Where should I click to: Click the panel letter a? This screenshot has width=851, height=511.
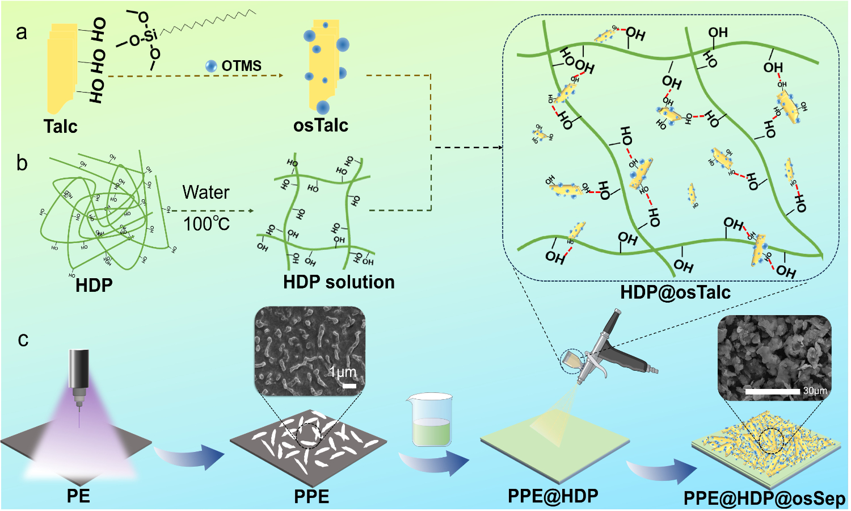pos(22,32)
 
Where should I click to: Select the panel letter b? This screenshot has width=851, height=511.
pos(22,164)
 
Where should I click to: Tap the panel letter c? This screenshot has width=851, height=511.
pos(23,340)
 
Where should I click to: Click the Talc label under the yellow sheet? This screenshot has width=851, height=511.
pos(60,126)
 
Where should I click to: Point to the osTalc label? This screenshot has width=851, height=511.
pos(321,125)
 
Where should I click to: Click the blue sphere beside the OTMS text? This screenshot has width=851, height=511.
pos(211,66)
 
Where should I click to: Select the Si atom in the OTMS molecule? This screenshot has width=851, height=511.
pos(150,36)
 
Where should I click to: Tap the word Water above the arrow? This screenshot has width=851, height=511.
pos(206,192)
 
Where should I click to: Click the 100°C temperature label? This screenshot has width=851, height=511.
pos(207,224)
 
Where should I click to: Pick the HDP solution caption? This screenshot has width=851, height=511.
pos(339,282)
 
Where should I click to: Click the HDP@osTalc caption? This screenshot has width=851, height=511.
pos(675,292)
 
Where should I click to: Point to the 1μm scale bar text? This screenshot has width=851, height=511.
pos(343,372)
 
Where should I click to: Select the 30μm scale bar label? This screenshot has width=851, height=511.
pos(815,391)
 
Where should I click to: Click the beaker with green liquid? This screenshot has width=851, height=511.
pos(432,420)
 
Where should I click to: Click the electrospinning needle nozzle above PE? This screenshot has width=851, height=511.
pos(79,378)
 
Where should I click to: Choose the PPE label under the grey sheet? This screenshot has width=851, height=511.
pos(311,497)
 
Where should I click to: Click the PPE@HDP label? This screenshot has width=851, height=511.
pos(553,496)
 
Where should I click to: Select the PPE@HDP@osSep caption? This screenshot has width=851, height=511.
pos(764,499)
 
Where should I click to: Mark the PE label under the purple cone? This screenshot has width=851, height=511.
pos(78,496)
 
